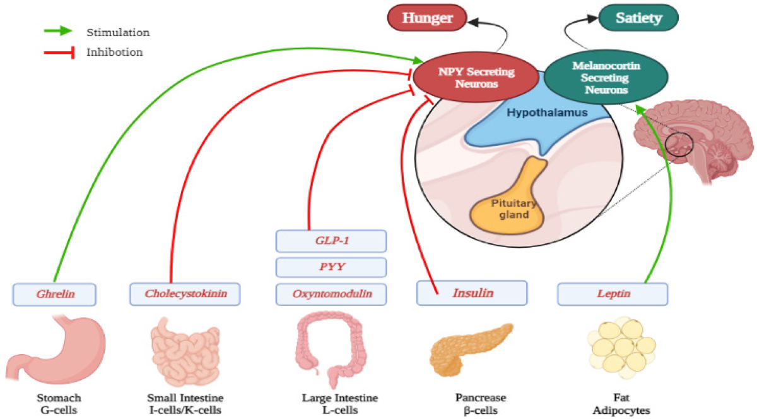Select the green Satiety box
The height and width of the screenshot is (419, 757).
tap(638, 18)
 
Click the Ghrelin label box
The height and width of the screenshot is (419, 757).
tap(55, 293)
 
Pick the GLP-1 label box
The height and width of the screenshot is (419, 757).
tap(331, 241)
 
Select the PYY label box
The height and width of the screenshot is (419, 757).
tap(331, 267)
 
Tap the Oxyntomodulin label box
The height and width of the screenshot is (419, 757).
tap(331, 293)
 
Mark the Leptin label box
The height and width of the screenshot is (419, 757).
tap(612, 293)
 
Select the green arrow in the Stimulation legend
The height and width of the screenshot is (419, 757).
tap(59, 30)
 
